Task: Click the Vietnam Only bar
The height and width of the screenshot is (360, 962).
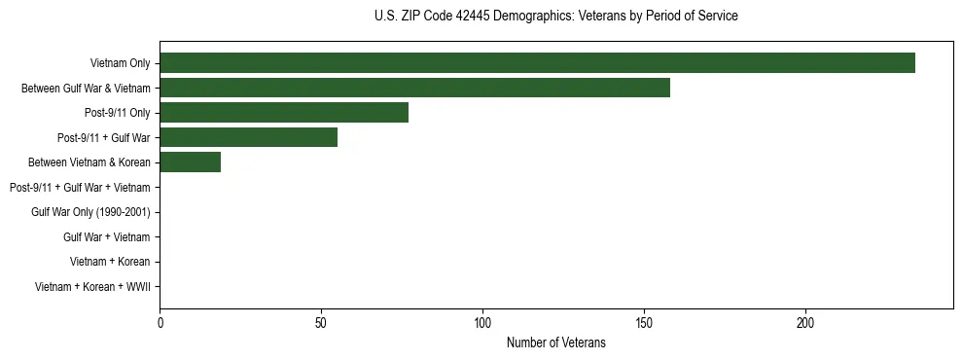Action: pyautogui.click(x=537, y=63)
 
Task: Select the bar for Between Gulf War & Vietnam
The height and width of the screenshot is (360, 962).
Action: pyautogui.click(x=414, y=88)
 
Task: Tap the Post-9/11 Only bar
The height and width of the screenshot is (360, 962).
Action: pyautogui.click(x=284, y=113)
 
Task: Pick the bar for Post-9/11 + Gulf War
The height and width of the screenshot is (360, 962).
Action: pyautogui.click(x=248, y=137)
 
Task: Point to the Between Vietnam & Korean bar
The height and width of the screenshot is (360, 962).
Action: pyautogui.click(x=190, y=162)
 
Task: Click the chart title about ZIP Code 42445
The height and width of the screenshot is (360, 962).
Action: pyautogui.click(x=555, y=17)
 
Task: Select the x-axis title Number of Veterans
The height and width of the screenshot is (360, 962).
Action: pyautogui.click(x=555, y=342)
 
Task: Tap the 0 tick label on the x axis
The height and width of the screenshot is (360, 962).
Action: pyautogui.click(x=160, y=323)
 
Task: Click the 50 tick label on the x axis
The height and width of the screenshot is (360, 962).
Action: pyautogui.click(x=321, y=323)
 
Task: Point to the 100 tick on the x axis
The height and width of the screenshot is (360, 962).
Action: pyautogui.click(x=482, y=323)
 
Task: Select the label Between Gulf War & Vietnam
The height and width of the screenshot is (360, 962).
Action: pyautogui.click(x=86, y=89)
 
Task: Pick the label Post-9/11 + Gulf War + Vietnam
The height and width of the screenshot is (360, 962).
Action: pyautogui.click(x=80, y=187)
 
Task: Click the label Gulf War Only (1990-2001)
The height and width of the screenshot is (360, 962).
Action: pyautogui.click(x=90, y=212)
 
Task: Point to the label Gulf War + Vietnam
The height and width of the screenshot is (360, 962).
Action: pyautogui.click(x=106, y=236)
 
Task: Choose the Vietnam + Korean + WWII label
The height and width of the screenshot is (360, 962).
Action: pyautogui.click(x=92, y=286)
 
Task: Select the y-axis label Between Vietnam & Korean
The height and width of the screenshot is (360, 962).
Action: pyautogui.click(x=89, y=162)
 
